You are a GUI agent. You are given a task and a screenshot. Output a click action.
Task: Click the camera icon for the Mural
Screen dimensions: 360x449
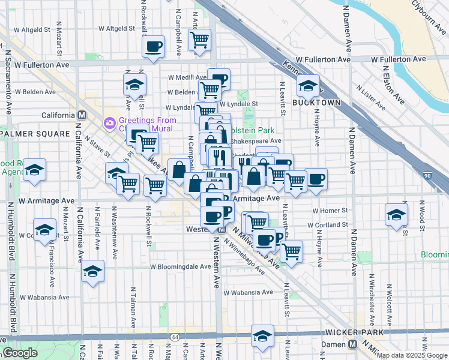pyautogui.click(x=109, y=123)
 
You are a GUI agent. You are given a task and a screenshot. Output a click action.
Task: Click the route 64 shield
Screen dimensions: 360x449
pyautogui.click(x=174, y=337)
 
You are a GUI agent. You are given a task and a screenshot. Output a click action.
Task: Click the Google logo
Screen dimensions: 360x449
pyautogui.click(x=20, y=353)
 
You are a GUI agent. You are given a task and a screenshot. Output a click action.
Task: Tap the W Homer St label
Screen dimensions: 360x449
pyautogui.click(x=330, y=211)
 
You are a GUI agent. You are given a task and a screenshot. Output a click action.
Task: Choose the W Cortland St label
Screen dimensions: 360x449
pyautogui.click(x=328, y=225)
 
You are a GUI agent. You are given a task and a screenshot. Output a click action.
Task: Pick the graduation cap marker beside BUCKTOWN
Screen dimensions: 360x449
pyautogui.click(x=308, y=86)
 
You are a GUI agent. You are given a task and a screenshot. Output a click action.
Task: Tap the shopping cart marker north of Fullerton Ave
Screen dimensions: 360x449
pyautogui.click(x=199, y=40)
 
